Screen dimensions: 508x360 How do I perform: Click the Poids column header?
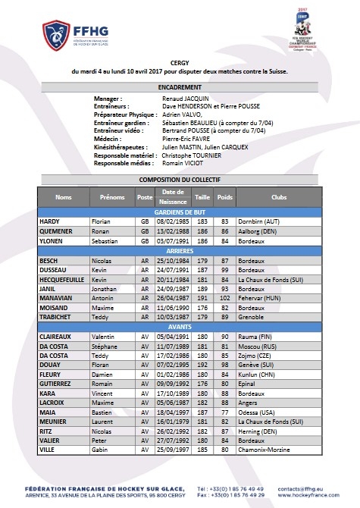tap(225, 196)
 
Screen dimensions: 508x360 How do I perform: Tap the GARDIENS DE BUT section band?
tap(180, 212)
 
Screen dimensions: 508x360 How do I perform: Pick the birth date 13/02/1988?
tap(174, 230)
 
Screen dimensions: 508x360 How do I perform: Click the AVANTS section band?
tap(180, 328)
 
